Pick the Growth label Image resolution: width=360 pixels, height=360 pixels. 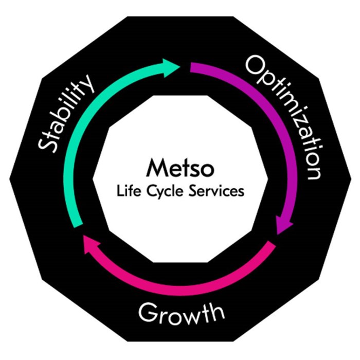click(181, 312)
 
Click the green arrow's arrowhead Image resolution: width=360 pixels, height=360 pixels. click(171, 67)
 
